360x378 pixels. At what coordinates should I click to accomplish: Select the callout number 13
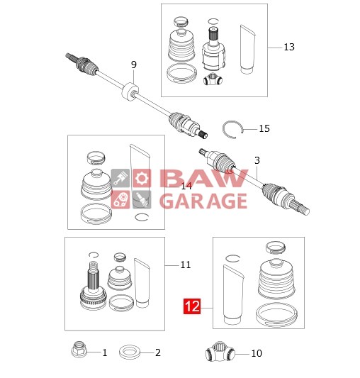coord(288,47)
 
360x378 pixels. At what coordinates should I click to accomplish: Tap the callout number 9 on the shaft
coord(133,65)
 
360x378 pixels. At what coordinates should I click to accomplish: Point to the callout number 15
coord(264,128)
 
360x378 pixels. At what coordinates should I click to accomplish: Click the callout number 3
coord(257,160)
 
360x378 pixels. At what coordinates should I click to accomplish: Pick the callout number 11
coord(185,265)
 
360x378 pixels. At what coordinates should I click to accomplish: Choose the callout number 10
coord(256,352)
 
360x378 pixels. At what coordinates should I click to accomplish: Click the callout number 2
coord(157,352)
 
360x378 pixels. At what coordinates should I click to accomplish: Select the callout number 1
coord(104,352)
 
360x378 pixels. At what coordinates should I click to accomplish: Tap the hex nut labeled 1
coord(79,351)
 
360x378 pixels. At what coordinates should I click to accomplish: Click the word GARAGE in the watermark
coord(203,201)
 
